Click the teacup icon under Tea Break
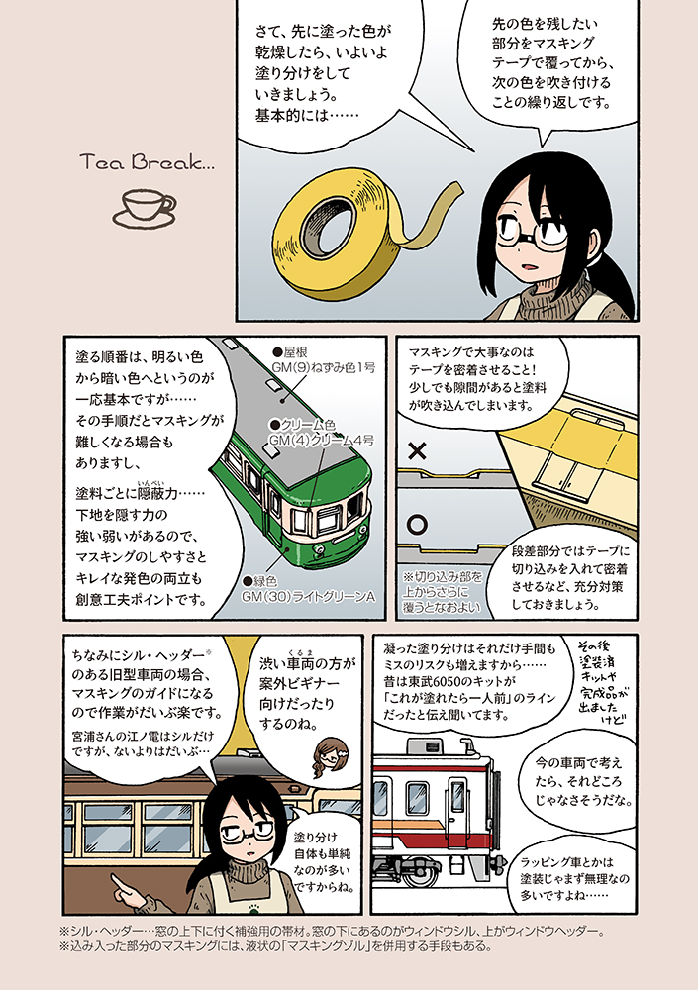(144, 208)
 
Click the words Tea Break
(148, 163)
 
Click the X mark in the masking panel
(417, 450)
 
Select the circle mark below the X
(417, 524)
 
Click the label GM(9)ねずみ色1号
(323, 367)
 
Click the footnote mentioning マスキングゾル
(275, 946)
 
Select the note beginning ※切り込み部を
(443, 592)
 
